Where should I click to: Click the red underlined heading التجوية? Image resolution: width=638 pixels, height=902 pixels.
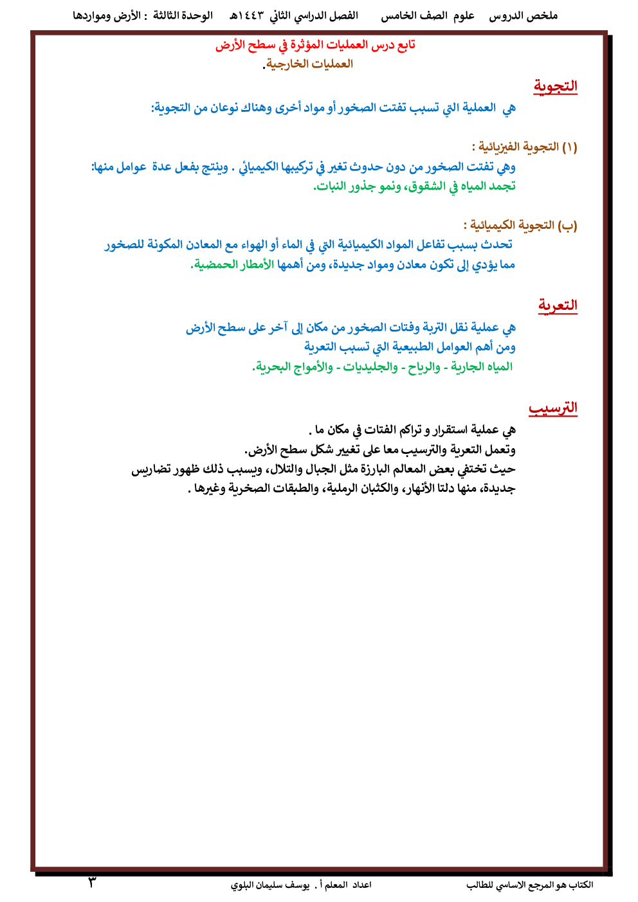coord(555,86)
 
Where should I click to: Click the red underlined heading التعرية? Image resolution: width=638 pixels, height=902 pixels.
coord(558,305)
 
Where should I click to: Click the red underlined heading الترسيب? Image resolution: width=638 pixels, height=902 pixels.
coord(553,408)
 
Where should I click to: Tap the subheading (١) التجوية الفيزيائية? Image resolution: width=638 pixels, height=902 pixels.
coord(524,147)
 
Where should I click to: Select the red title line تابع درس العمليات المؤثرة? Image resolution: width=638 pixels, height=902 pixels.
coord(315,45)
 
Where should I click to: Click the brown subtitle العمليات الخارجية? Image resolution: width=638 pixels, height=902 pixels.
coord(309,64)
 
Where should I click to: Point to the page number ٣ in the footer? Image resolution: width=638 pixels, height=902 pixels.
coord(92,883)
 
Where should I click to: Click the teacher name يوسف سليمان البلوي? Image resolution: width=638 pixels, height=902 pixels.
coord(271,885)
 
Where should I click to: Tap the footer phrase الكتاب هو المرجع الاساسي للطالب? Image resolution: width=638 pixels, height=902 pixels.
coord(529,885)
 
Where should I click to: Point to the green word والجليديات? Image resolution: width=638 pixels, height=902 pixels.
coord(370,366)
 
